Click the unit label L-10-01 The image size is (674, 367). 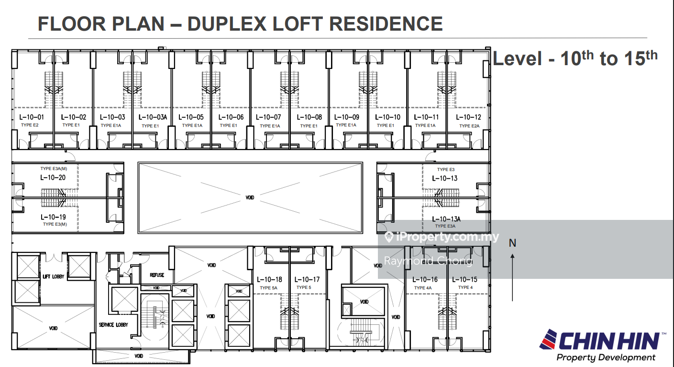tap(32, 117)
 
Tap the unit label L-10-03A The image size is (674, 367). tap(153, 117)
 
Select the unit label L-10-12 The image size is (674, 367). tap(468, 117)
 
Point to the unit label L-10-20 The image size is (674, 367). tap(53, 177)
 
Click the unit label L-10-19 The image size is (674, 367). tap(53, 217)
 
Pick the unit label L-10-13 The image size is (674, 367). tap(445, 178)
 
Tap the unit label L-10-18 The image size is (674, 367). tap(270, 280)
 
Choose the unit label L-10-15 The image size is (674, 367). tap(465, 280)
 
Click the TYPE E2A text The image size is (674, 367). tap(469, 126)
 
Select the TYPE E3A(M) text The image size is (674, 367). tap(54, 169)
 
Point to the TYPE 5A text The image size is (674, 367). tap(269, 288)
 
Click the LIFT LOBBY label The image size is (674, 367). tap(54, 276)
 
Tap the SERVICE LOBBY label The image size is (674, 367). tap(113, 325)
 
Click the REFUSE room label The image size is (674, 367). tap(157, 275)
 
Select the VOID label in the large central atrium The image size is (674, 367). tap(250, 198)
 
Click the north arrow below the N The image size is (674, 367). tap(512, 277)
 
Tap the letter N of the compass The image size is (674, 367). tap(512, 243)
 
